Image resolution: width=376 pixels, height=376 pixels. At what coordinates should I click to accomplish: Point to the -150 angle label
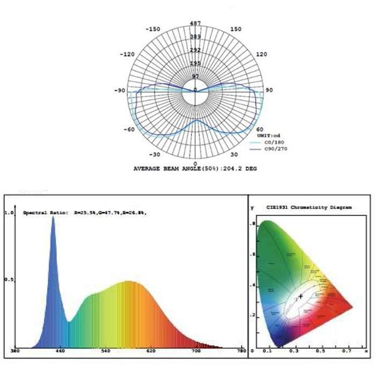pos(154,29)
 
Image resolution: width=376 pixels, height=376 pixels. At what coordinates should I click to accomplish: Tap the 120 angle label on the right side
pos(262,54)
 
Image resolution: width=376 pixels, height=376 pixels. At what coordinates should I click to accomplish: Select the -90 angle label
pos(120,90)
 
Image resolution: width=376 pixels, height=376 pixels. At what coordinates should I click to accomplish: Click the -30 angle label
pos(155,154)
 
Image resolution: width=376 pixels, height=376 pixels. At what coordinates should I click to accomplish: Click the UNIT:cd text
pos(267,135)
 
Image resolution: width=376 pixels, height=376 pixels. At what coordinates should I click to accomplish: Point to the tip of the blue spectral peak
pos(53,217)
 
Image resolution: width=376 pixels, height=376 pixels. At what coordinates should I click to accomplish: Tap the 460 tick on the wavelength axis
pos(60,351)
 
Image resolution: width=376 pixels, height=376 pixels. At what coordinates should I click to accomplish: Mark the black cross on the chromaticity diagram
pos(301,296)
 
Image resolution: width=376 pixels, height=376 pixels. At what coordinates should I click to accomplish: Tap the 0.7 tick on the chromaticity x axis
pos(346,351)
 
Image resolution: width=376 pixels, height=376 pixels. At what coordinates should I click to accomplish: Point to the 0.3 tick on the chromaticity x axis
pos(294,351)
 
